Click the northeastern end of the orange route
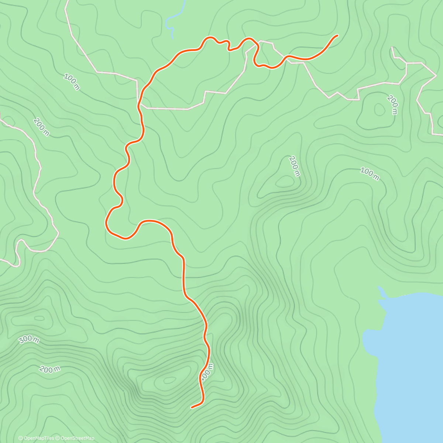point(337,35)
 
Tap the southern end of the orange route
point(192,408)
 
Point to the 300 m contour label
point(29,340)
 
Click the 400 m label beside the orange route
point(206,372)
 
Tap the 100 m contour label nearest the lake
point(370,174)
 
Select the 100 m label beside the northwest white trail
point(72,82)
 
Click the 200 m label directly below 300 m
point(49,368)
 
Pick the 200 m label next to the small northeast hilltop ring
point(393,104)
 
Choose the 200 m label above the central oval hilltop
point(294,166)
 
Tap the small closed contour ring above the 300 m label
point(39,318)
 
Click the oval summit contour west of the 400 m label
point(169,380)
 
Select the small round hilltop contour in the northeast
point(379,109)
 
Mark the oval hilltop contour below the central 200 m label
point(284,181)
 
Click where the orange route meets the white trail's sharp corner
point(138,104)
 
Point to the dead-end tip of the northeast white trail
point(392,48)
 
